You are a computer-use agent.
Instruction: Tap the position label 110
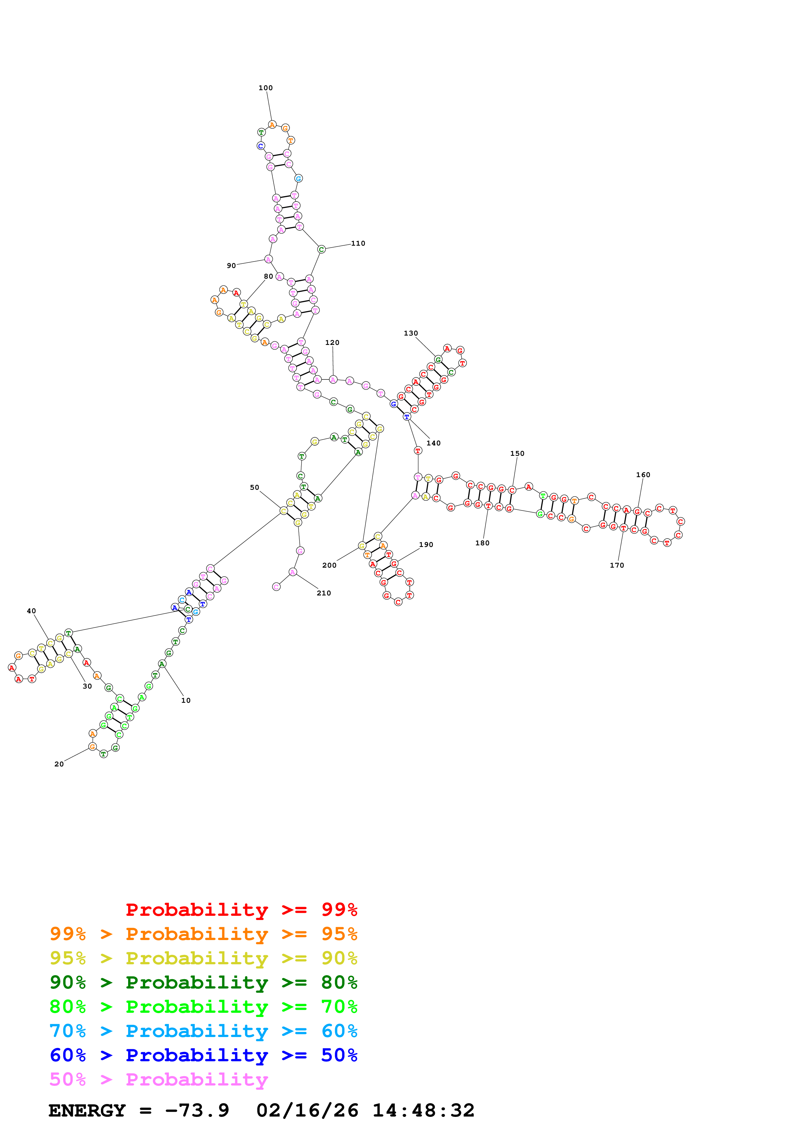click(x=358, y=243)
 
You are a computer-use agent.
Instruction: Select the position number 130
click(x=411, y=333)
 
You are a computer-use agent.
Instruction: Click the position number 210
click(x=324, y=593)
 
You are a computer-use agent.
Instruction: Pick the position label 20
click(x=59, y=764)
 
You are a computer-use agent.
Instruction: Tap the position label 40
click(x=31, y=611)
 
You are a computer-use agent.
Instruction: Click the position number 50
click(x=255, y=487)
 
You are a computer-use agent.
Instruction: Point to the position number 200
click(x=329, y=565)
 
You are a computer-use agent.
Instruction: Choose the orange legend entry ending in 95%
click(x=203, y=934)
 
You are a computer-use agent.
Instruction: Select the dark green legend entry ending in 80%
click(x=203, y=982)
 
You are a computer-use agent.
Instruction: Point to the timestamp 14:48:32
click(x=423, y=1111)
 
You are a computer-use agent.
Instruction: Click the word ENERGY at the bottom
click(x=87, y=1111)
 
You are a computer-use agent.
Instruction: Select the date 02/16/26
click(x=307, y=1111)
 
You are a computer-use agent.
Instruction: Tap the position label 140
click(x=434, y=444)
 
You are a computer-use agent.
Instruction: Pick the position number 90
click(x=231, y=266)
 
